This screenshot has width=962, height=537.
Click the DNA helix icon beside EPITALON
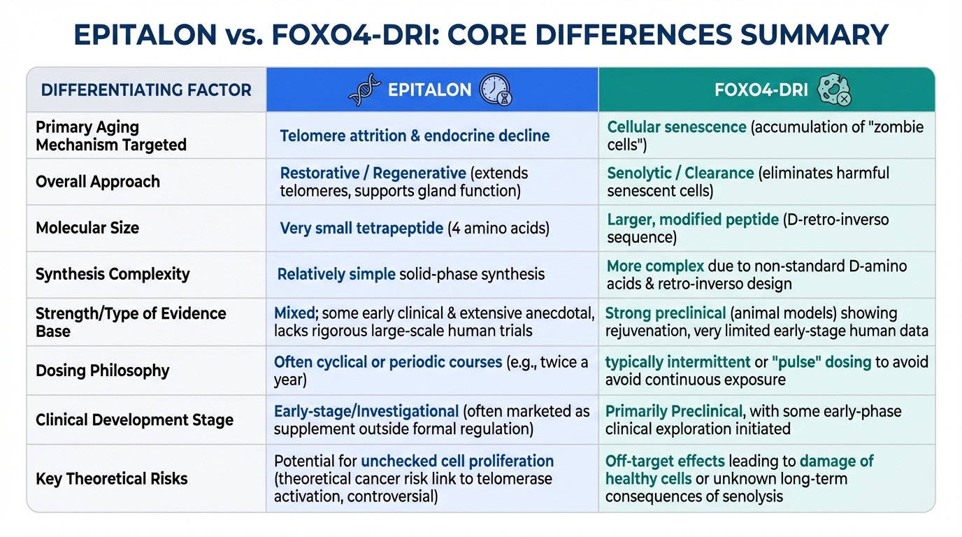pos(365,89)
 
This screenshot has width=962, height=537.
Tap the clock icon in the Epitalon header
pos(496,89)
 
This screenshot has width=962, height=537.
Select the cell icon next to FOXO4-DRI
pos(834,89)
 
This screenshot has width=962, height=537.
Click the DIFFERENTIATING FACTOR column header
pos(146,90)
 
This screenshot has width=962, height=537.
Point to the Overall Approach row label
pos(98,182)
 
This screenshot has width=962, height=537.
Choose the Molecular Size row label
pos(87,228)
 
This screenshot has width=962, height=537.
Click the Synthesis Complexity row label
pos(113,274)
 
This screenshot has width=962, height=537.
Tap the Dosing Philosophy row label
pos(103,371)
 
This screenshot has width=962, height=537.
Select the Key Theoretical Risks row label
pos(112,478)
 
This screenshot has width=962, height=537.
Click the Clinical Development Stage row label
pos(134,420)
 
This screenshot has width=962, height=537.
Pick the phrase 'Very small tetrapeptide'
pos(361,228)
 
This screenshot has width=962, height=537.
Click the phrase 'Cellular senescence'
pos(677,127)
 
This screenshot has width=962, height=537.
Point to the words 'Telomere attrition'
pos(343,136)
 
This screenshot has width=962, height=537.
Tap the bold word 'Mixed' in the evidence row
pos(294,313)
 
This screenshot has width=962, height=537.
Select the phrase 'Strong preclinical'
pos(666,313)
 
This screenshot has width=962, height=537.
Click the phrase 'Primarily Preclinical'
pos(674,411)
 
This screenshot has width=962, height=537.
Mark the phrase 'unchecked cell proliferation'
pos(457,461)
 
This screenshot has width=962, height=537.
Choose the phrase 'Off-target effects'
pos(666,461)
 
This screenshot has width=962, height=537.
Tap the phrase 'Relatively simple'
pos(336,274)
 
